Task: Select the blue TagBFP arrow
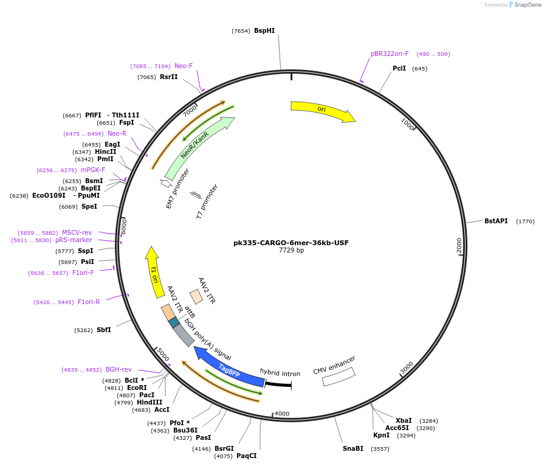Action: tap(228, 367)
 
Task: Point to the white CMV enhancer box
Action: tap(339, 377)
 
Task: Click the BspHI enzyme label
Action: tap(264, 30)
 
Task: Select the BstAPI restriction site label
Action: tap(496, 221)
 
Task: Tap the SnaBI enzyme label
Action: tap(353, 448)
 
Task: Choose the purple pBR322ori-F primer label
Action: tap(390, 54)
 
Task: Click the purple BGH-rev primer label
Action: tap(119, 369)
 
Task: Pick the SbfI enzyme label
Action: tap(104, 330)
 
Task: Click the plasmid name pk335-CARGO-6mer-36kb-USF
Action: tap(291, 243)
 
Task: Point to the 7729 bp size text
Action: tap(291, 251)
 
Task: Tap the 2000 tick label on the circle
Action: tap(460, 245)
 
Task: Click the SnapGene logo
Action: tap(525, 5)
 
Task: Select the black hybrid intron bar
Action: tap(278, 384)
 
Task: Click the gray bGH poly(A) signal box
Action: tap(184, 335)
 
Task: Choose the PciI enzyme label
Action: tap(399, 68)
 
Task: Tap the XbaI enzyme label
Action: tap(404, 420)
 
